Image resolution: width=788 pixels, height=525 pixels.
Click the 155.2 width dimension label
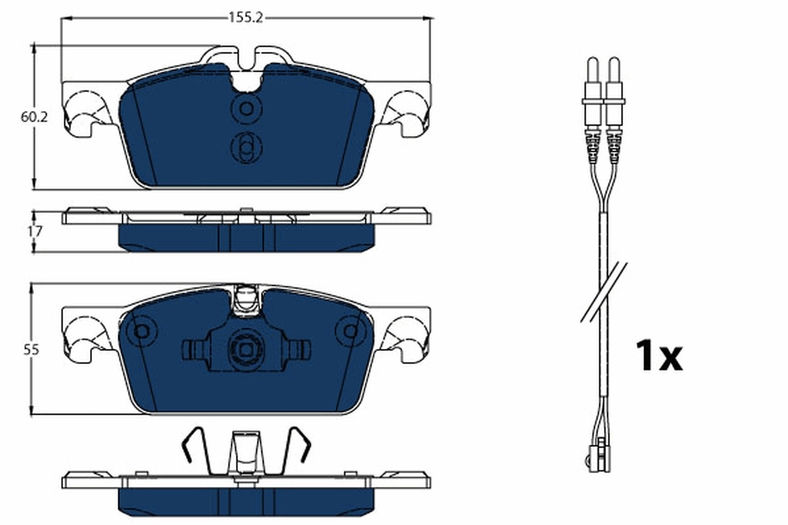(x=246, y=18)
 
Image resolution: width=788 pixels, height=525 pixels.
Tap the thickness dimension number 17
(x=35, y=231)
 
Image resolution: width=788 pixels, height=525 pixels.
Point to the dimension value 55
(x=30, y=350)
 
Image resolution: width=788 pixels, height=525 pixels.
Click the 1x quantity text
(x=659, y=356)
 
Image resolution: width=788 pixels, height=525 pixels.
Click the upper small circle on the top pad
(x=246, y=108)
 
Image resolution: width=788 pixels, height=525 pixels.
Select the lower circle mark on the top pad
(x=246, y=148)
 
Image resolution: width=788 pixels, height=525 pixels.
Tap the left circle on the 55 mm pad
(x=141, y=331)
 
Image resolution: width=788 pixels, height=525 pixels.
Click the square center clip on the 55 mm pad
(x=246, y=348)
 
